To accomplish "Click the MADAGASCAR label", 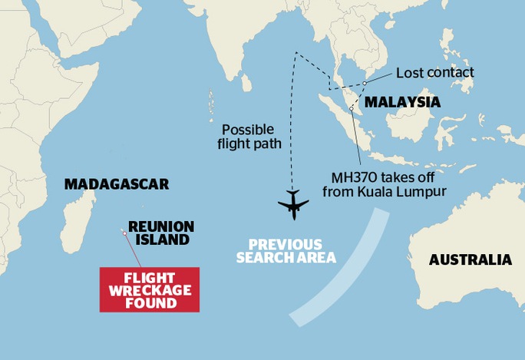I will [116, 184].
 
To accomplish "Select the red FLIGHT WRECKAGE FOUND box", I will [149, 289].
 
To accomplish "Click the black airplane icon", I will [292, 203].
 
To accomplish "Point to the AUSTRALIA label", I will [470, 259].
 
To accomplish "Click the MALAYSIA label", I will [402, 102].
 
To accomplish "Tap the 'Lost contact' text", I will [435, 73].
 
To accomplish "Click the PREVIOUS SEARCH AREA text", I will [286, 249].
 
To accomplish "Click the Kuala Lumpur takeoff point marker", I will [351, 109].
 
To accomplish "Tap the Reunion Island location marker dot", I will [123, 232].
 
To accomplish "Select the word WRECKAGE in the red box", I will [149, 290].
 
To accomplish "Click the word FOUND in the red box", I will [149, 303].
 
